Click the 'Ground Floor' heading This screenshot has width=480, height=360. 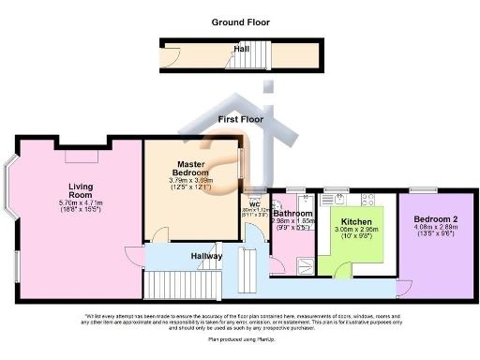click(240, 21)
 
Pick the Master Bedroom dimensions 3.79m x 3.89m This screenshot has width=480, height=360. click(191, 181)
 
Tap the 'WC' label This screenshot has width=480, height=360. click(253, 204)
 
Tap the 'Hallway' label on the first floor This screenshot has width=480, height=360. click(206, 256)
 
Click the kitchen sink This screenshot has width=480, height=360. click(335, 199)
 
